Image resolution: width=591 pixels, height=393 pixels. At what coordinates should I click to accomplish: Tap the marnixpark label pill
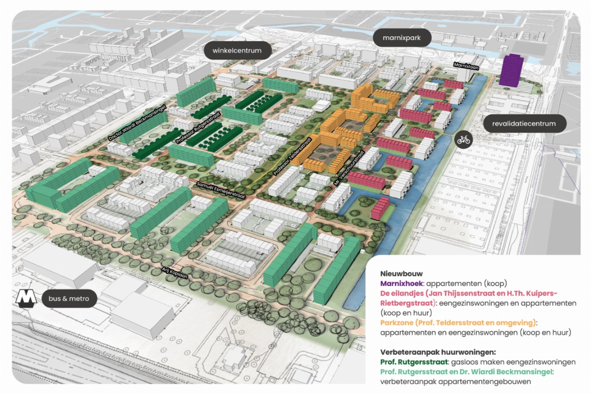tap(402, 38)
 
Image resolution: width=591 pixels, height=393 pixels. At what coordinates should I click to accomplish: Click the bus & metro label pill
tap(69, 298)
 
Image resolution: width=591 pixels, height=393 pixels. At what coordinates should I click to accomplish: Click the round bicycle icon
tap(464, 139)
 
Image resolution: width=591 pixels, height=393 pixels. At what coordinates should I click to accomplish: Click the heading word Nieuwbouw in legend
tap(396, 274)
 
